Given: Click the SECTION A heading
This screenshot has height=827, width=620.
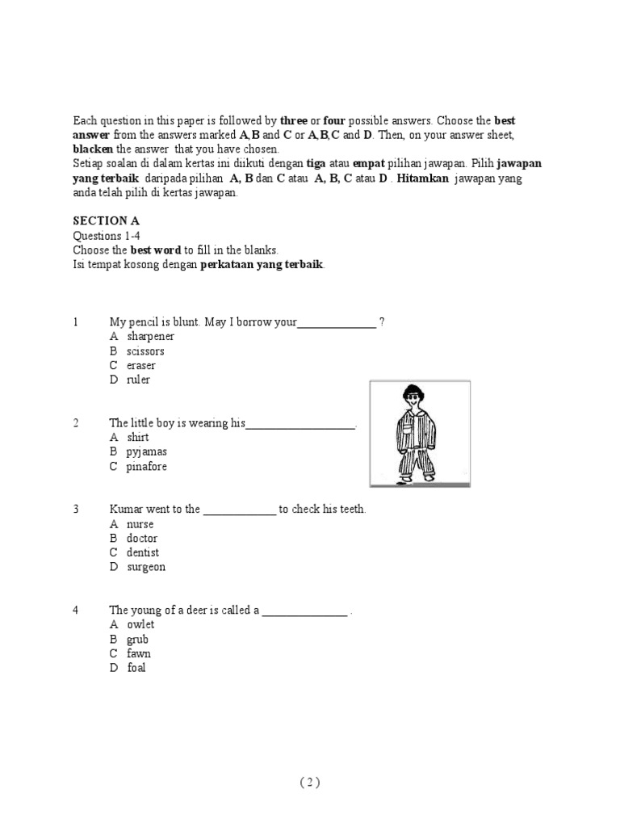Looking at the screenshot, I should [101, 220].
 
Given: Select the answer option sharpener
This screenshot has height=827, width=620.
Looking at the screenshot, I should [150, 336].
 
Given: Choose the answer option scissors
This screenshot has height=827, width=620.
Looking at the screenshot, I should [145, 351].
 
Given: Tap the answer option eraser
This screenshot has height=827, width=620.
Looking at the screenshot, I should [141, 366].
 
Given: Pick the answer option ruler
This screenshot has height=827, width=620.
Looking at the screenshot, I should [138, 380].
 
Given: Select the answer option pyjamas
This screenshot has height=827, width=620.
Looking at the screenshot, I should [147, 452].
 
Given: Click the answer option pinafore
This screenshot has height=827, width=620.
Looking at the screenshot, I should [147, 467].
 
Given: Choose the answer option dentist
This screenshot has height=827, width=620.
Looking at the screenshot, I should [143, 553].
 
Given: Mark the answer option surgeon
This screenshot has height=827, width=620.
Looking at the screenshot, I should [146, 568].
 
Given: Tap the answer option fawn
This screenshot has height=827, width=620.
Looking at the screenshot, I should [139, 654].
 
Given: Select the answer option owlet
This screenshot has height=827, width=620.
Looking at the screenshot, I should [140, 625].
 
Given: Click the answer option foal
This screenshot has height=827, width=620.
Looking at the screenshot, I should [136, 669].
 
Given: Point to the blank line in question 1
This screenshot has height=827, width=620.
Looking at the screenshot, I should [337, 325].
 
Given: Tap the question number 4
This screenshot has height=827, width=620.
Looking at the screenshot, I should [76, 611].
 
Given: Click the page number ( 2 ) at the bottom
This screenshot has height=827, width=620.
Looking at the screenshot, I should [310, 782].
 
